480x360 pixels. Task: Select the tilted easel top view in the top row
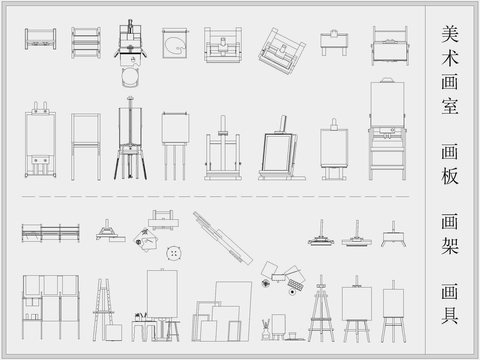point(282,48)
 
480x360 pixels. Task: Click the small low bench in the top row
point(333,41)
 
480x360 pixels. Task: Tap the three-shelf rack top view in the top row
point(88,42)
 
